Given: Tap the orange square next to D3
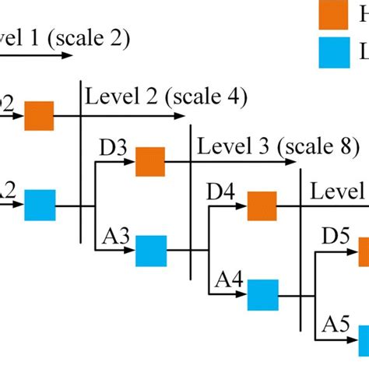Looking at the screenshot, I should (150, 162).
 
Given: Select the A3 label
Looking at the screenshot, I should (115, 236).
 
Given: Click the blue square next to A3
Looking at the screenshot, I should (151, 251).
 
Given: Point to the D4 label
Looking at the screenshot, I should (221, 191).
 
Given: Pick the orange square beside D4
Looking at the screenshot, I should (262, 206).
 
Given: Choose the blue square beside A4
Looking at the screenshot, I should (263, 295).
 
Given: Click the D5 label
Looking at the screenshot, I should (336, 235).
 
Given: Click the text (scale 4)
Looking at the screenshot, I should (208, 97).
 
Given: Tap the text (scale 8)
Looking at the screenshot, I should (319, 146).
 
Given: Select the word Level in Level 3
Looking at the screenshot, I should (220, 146).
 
